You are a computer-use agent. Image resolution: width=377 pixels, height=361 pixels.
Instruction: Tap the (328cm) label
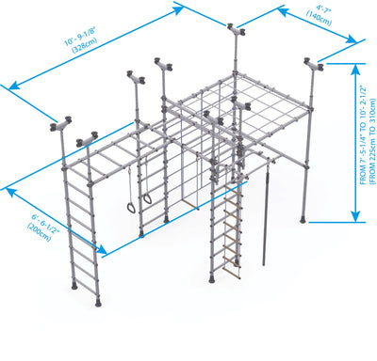85,45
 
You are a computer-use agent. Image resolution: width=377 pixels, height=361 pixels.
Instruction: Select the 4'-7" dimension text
323,8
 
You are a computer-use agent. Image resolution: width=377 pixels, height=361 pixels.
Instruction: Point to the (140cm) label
319,18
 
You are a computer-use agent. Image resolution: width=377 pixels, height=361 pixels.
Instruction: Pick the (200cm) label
39,232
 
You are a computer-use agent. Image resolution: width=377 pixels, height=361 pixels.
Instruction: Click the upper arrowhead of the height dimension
355,69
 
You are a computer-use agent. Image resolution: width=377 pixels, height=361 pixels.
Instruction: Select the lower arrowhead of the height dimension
355,216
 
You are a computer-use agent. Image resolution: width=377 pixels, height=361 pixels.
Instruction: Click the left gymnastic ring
132,207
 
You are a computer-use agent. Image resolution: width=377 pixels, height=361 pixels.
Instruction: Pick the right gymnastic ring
147,199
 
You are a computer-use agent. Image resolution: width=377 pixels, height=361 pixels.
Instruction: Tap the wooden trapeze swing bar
190,204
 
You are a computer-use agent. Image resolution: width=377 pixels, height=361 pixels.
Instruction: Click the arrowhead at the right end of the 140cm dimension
352,39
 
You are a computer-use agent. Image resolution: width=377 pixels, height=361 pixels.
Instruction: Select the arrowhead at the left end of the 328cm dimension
14,85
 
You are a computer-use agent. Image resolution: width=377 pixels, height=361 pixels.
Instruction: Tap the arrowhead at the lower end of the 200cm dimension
102,249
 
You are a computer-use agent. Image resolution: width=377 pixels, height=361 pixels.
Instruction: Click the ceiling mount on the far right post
313,65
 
